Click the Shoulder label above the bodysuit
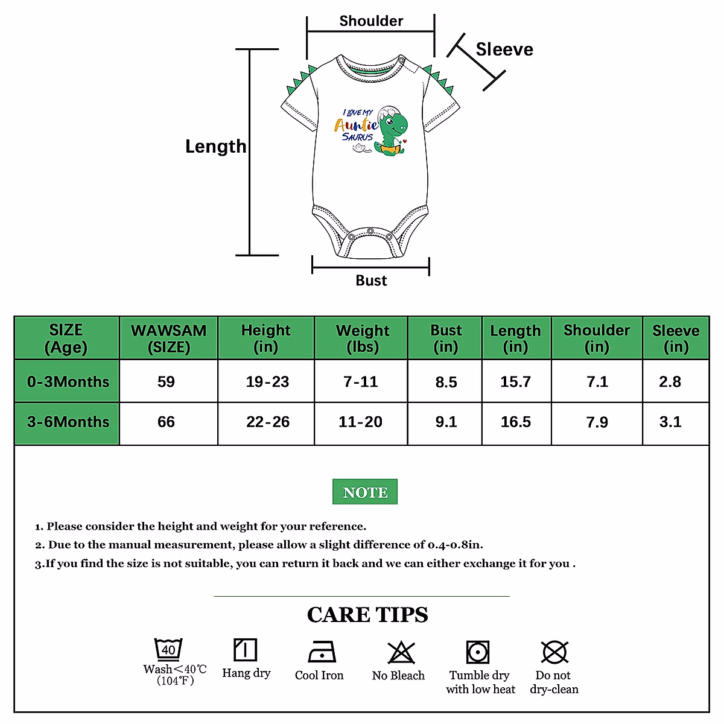371,21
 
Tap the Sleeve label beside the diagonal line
504,49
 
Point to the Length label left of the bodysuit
215,147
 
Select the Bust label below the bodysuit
371,281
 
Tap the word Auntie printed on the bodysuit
356,125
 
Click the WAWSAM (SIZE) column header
168,338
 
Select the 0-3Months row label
68,382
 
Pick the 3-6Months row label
68,422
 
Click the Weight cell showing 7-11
360,382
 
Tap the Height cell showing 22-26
267,422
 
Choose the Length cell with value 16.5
516,422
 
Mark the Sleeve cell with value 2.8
670,382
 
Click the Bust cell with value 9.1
446,422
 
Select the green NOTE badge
365,492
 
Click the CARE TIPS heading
367,615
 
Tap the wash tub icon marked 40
168,649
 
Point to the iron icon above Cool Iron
321,652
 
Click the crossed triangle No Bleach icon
401,652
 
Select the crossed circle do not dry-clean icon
554,652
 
